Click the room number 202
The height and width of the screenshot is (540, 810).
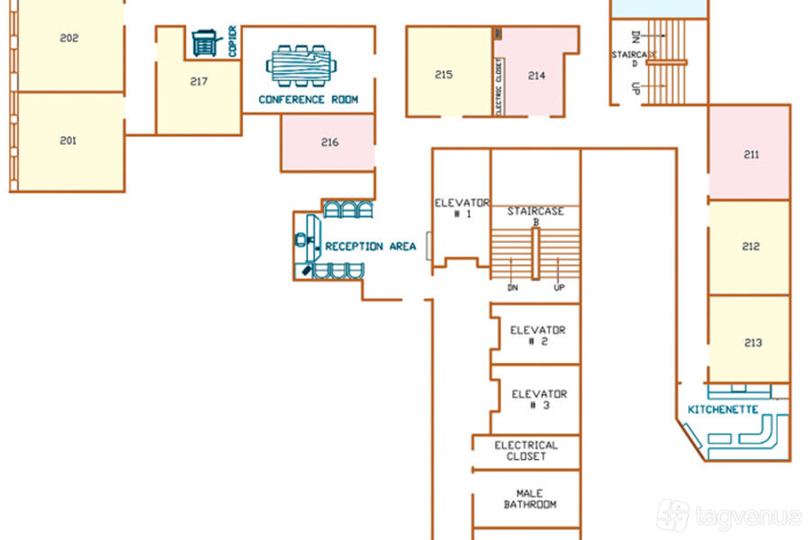pyautogui.click(x=69, y=38)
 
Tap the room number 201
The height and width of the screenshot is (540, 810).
pyautogui.click(x=68, y=140)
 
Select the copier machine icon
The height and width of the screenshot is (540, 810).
pyautogui.click(x=206, y=42)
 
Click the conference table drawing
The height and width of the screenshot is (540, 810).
pyautogui.click(x=301, y=66)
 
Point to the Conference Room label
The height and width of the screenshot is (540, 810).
pyautogui.click(x=309, y=99)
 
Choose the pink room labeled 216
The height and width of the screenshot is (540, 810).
pyautogui.click(x=328, y=142)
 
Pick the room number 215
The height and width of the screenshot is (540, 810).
pyautogui.click(x=444, y=75)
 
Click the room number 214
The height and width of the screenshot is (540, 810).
pyautogui.click(x=536, y=76)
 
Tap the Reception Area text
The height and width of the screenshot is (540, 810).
pyautogui.click(x=371, y=247)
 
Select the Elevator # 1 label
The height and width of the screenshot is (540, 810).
pyautogui.click(x=462, y=208)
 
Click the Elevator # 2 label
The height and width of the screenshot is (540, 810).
pyautogui.click(x=538, y=336)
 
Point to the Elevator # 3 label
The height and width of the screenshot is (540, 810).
pyautogui.click(x=539, y=400)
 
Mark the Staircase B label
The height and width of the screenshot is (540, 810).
pyautogui.click(x=535, y=216)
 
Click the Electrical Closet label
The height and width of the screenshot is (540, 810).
pyautogui.click(x=526, y=451)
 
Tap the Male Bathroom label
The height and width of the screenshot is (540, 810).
pyautogui.click(x=530, y=499)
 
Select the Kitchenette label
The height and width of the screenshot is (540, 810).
pyautogui.click(x=724, y=409)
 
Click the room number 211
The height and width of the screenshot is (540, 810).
pyautogui.click(x=751, y=155)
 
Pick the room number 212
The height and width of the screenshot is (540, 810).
pyautogui.click(x=751, y=247)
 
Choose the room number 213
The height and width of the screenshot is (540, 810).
pyautogui.click(x=753, y=343)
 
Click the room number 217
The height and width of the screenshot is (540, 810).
pyautogui.click(x=199, y=82)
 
